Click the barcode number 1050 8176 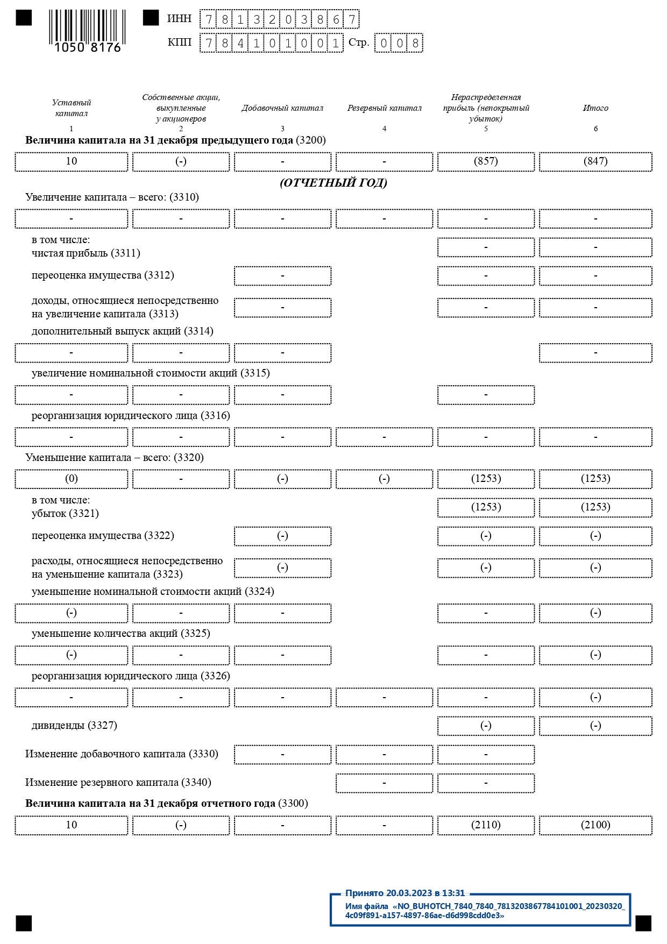pos(88,47)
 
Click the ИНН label pos(179,19)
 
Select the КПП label pos(179,42)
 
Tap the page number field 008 pos(399,43)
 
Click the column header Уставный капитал pos(71,108)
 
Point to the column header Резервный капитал pos(384,108)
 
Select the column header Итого pos(595,108)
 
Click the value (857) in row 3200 pos(486,161)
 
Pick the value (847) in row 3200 pos(595,161)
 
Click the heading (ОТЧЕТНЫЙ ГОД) pos(334,183)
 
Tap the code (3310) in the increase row pos(184,197)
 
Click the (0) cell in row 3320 pos(71,479)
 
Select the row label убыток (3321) pos(65,514)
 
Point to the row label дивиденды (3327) pos(74,726)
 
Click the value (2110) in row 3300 pos(486,825)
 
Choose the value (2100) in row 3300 pos(595,825)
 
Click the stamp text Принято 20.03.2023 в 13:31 pos(405,893)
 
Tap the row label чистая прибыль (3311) pos(86,253)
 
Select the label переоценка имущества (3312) pos(103,275)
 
